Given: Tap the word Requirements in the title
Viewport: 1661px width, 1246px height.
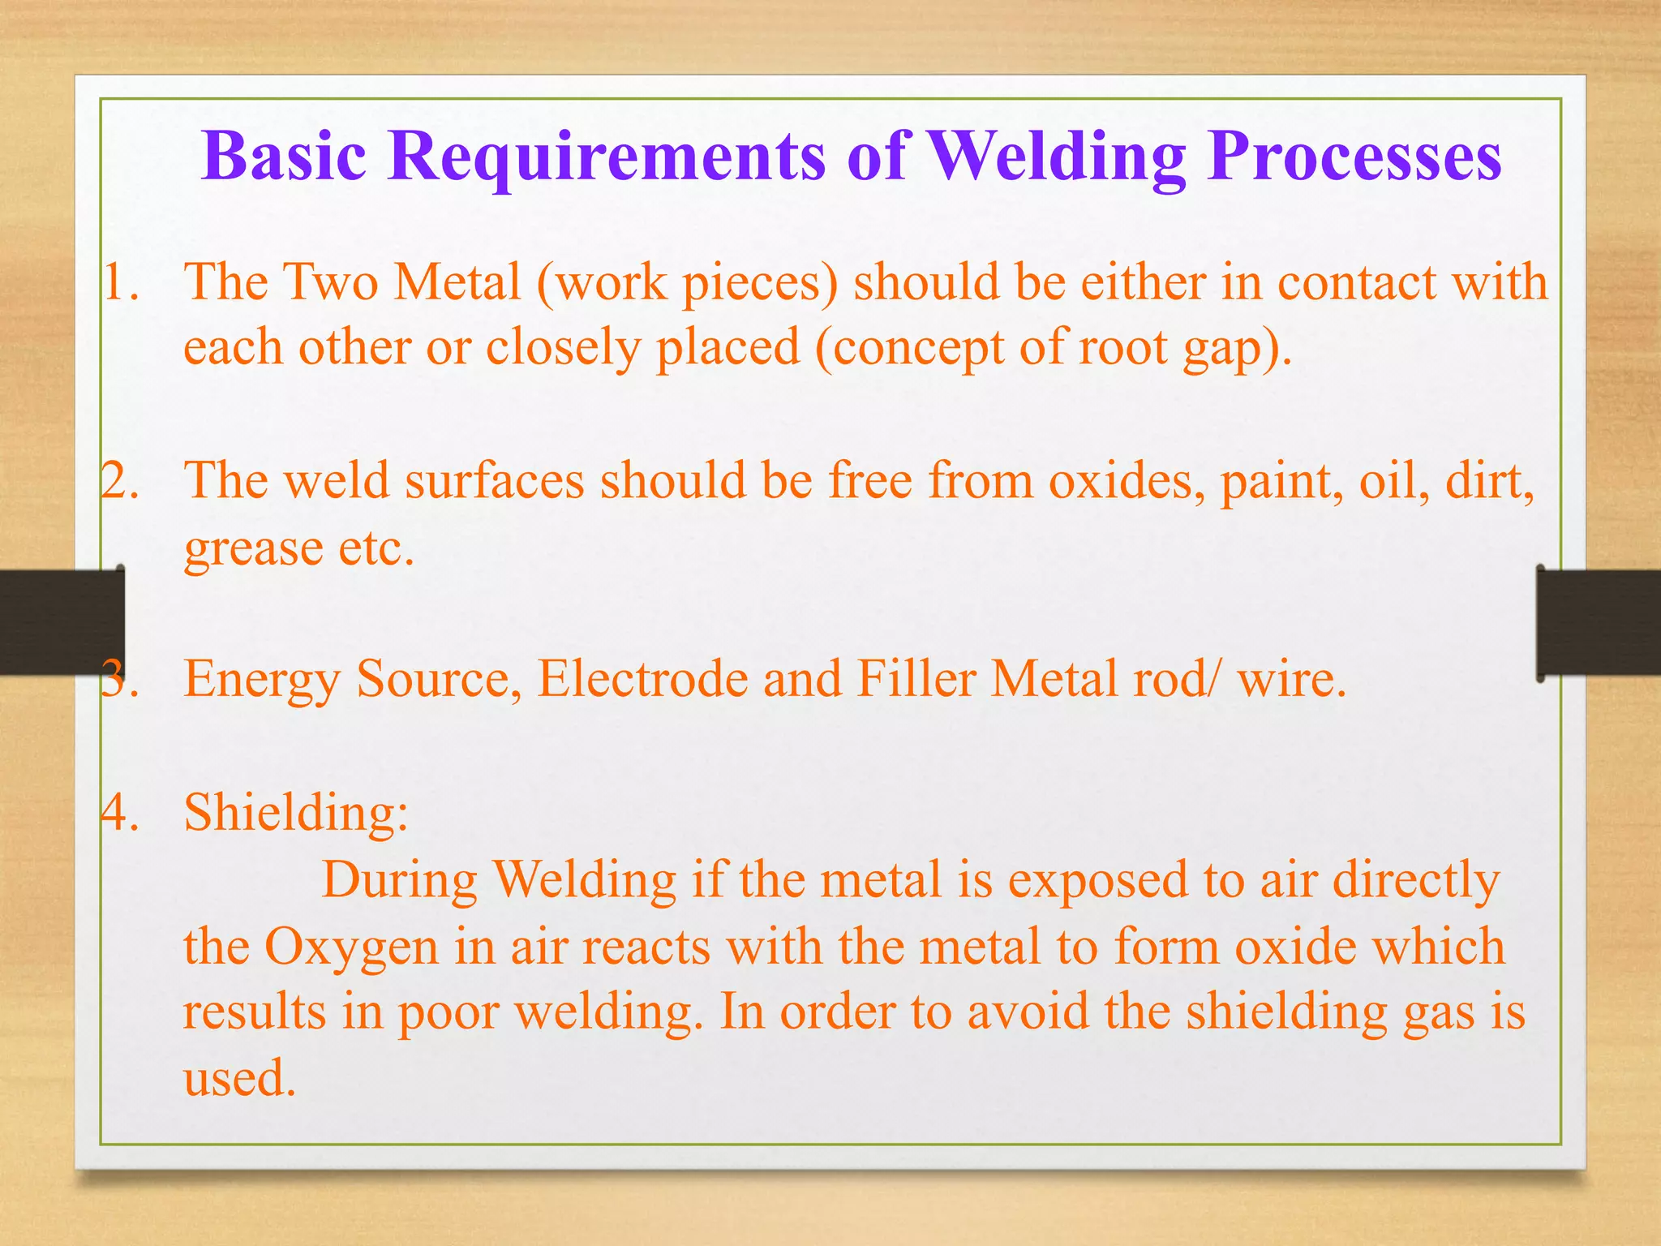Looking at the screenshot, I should point(607,156).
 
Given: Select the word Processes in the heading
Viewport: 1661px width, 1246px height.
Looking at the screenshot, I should point(1354,156).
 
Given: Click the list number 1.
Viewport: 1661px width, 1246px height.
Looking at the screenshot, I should point(120,283).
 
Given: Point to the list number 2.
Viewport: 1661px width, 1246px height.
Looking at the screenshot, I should point(120,480).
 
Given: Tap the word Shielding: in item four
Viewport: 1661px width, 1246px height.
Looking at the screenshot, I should point(296,811).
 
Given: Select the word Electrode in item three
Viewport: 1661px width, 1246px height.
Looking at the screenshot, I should point(642,678).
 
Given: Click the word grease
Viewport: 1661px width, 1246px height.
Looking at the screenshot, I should point(253,550).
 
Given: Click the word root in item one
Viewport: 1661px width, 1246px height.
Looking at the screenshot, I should point(1123,348).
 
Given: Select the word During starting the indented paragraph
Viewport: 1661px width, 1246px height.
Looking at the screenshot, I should point(400,880).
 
